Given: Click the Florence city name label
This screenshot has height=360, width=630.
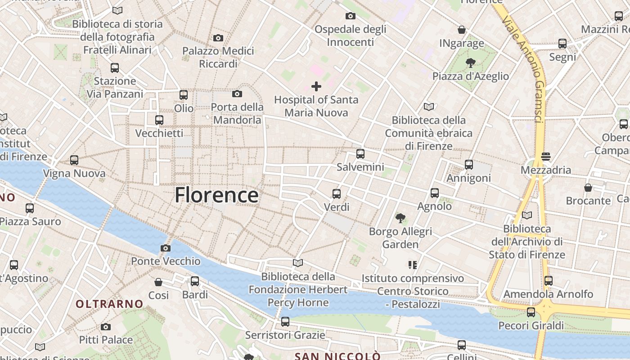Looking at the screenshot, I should pos(216,195).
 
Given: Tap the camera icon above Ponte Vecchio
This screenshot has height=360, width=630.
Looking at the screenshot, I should pos(166,248).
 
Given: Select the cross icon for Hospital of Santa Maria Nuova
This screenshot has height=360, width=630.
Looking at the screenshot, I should pos(316,86).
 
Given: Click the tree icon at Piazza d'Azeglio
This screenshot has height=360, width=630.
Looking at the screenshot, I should pos(471,63).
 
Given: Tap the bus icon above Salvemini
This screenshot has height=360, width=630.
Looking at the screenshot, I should pos(360,154).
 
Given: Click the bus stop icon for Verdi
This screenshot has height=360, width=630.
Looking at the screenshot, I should pos(337,194).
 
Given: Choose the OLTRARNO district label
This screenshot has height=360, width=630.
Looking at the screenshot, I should pos(109,304).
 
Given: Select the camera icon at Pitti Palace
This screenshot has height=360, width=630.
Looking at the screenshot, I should pos(106,327).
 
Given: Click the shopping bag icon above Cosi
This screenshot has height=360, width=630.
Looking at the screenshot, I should pos(158,282).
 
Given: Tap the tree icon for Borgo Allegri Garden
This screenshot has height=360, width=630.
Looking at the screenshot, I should pos(400,218).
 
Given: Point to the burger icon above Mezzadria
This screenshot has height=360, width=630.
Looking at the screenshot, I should pos(546,157).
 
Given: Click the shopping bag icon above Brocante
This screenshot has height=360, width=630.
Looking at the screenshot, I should pos(588,187).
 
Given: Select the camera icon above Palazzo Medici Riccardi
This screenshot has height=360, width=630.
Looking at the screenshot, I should pos(218,38).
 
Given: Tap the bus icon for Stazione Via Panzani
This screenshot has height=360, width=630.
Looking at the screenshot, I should pos(115,68).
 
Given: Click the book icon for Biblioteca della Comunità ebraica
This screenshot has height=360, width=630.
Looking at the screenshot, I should pos(429,107).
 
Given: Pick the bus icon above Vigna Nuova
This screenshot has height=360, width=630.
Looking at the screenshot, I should pos(74,160).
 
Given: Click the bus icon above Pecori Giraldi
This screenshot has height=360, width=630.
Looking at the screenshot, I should pos(531,312).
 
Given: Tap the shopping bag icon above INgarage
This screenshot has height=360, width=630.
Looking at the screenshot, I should pos(462,30).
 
